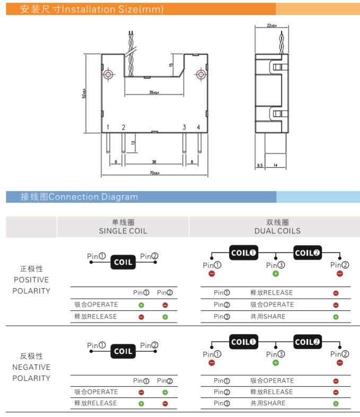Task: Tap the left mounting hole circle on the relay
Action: coord(108,74)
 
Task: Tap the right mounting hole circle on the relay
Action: coord(200,74)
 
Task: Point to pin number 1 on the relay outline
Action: coord(108,127)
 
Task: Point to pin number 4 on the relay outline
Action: coord(198,127)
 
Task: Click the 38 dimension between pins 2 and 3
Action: coord(154,161)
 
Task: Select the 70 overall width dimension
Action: coord(154,173)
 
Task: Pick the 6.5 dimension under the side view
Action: coord(260,166)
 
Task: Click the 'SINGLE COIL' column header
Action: coord(123,231)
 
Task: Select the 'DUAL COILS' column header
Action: coord(277,231)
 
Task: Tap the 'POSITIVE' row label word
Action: coord(31,280)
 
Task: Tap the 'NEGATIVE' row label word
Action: coord(31,367)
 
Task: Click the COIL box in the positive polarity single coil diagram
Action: coord(123,262)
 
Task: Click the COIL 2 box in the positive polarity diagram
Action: coord(308,253)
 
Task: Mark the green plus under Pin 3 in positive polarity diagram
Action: coord(275,274)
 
